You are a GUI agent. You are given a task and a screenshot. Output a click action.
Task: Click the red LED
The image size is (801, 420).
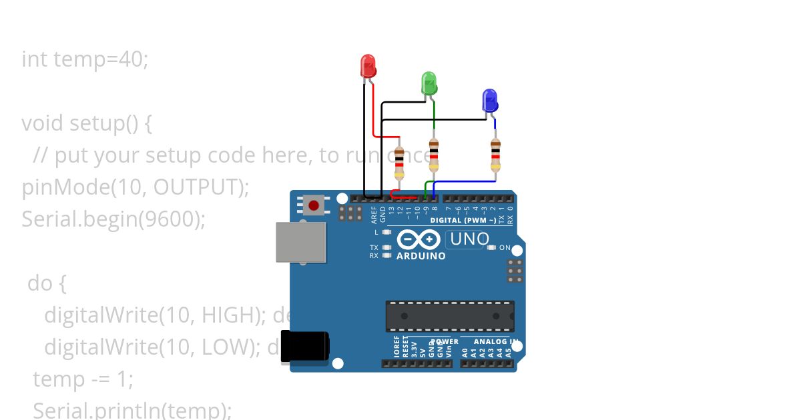(368, 67)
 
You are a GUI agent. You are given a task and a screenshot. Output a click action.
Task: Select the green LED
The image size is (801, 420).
(429, 84)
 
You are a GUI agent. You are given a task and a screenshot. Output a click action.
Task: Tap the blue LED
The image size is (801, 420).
(490, 101)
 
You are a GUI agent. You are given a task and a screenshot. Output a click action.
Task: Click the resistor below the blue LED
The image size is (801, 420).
(495, 155)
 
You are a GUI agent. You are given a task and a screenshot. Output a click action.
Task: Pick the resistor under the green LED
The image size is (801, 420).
(434, 155)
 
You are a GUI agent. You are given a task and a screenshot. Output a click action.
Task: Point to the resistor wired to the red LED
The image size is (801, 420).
(399, 163)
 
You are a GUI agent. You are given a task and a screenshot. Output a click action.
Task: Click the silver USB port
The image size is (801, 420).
(301, 242)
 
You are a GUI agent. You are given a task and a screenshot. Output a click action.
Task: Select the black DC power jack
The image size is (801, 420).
(304, 347)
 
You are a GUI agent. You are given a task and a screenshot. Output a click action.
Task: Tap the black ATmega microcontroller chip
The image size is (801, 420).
(450, 316)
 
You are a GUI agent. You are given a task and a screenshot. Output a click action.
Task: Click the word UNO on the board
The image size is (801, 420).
(470, 239)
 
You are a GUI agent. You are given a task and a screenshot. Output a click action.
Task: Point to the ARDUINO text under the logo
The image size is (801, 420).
(421, 256)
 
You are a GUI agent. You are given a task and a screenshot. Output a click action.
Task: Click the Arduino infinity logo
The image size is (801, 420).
(419, 239)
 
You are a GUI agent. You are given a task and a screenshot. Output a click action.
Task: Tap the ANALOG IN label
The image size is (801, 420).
(495, 341)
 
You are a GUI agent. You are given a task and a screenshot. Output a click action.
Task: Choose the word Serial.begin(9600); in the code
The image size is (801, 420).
(113, 219)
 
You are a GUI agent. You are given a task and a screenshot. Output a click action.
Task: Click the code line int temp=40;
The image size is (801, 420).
(85, 59)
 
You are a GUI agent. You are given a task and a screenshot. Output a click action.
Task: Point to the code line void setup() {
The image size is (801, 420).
(87, 123)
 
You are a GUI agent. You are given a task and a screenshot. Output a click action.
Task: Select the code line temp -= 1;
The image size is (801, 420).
(83, 379)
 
